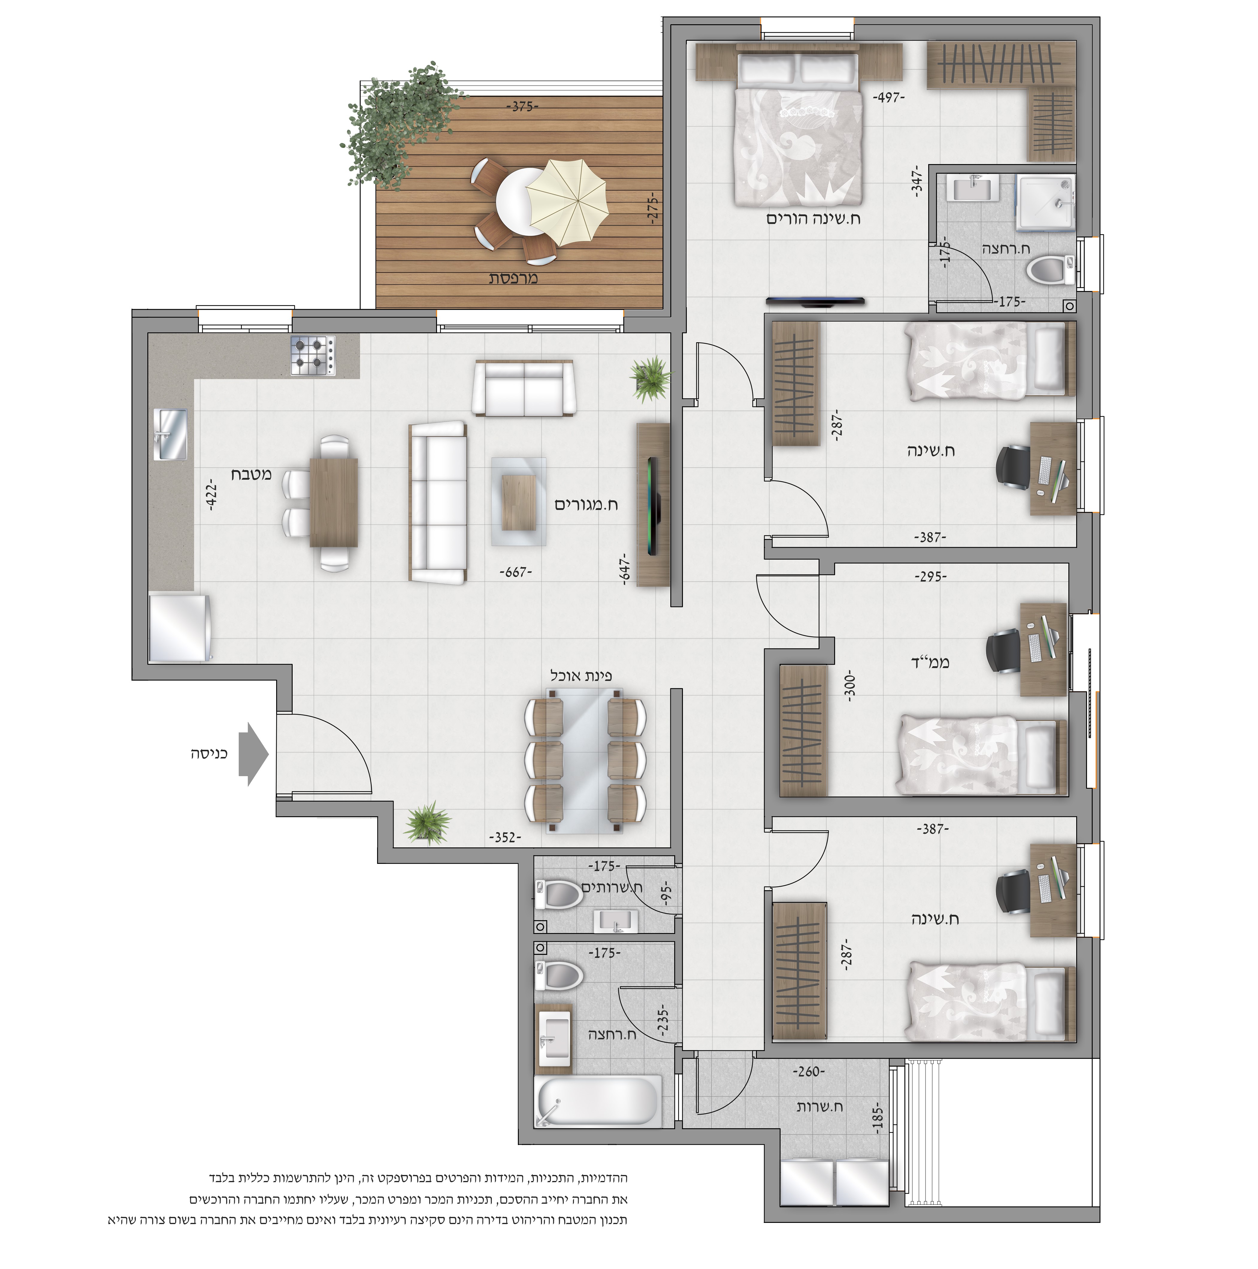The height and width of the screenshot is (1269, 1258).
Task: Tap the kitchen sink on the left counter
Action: (170, 434)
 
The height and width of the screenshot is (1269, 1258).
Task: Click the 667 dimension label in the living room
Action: (516, 572)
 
